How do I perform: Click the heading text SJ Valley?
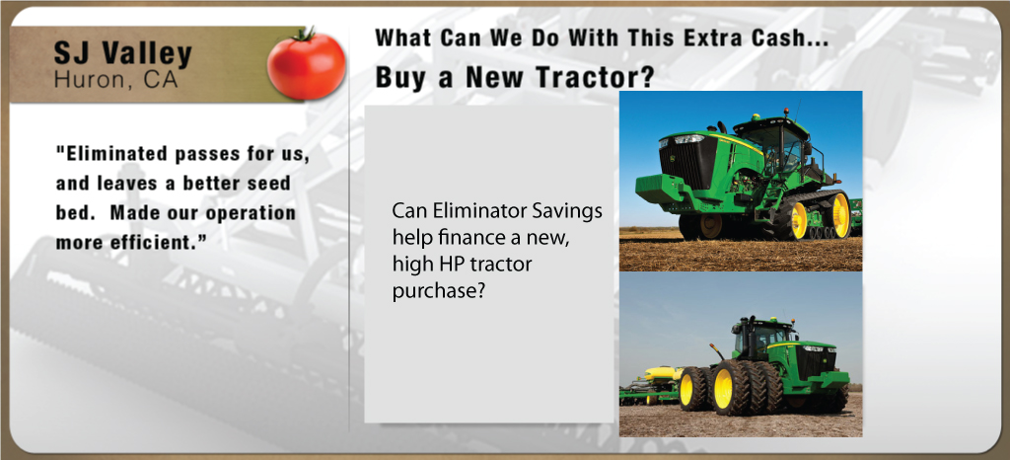123,54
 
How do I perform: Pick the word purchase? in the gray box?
438,292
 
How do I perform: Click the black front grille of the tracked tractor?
680,161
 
